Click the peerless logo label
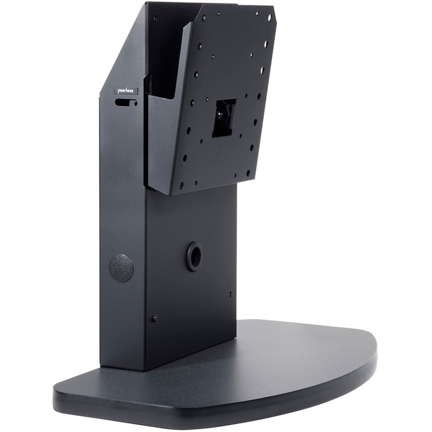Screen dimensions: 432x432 click(125, 91)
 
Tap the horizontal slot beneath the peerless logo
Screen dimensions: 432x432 click(124, 103)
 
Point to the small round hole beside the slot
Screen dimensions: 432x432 click(135, 104)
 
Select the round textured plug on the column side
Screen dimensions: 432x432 click(121, 268)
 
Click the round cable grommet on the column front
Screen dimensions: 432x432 click(194, 257)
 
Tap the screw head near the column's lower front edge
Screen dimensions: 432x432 click(154, 318)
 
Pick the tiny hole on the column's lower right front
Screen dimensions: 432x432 click(230, 294)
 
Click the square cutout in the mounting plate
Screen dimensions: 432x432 click(224, 118)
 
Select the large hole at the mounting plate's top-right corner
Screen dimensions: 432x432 click(270, 17)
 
